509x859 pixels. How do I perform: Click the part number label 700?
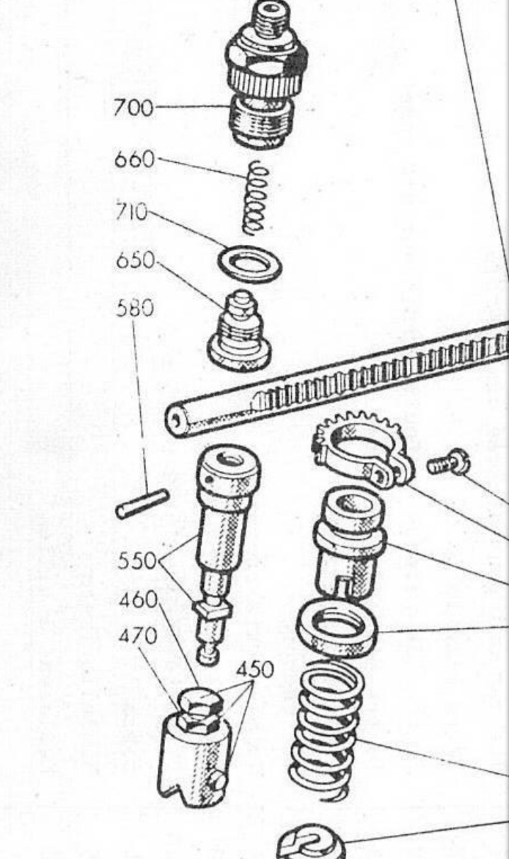133,108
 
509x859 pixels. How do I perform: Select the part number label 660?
135,158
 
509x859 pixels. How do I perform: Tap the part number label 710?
132,212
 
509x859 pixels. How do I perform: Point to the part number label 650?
135,261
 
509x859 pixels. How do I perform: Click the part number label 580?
135,308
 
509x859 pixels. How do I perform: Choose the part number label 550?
137,560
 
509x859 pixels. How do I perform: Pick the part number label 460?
138,600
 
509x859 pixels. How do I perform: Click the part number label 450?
255,669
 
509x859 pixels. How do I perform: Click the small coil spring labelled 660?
253,197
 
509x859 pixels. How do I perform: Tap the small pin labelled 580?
142,504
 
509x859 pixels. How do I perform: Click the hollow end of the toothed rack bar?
177,422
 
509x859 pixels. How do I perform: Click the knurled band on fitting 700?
265,83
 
